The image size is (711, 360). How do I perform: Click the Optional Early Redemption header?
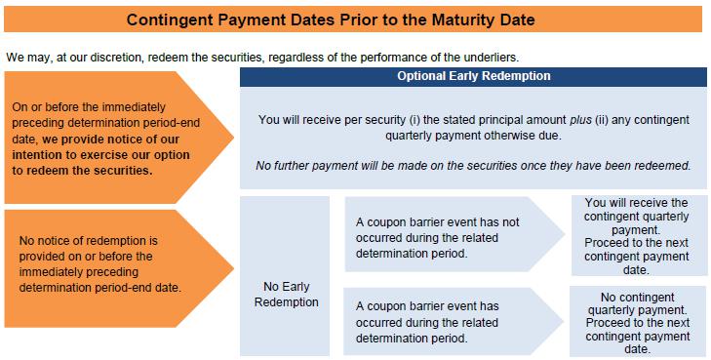pyautogui.click(x=473, y=77)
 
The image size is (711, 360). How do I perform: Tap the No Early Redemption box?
pyautogui.click(x=285, y=276)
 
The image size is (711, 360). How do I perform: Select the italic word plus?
pyautogui.click(x=581, y=120)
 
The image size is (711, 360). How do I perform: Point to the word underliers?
pyautogui.click(x=494, y=58)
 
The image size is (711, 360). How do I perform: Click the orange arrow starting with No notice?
pyautogui.click(x=119, y=268)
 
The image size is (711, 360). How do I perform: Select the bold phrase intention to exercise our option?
pyautogui.click(x=100, y=154)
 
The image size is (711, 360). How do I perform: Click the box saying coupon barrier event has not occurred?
pyautogui.click(x=454, y=234)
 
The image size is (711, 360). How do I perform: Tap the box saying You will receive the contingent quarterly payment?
pyautogui.click(x=640, y=235)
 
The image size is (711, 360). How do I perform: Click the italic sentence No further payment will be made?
pyautogui.click(x=473, y=166)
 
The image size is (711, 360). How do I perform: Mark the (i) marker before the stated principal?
pyautogui.click(x=415, y=120)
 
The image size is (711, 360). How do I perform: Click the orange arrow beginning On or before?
pyautogui.click(x=119, y=138)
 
